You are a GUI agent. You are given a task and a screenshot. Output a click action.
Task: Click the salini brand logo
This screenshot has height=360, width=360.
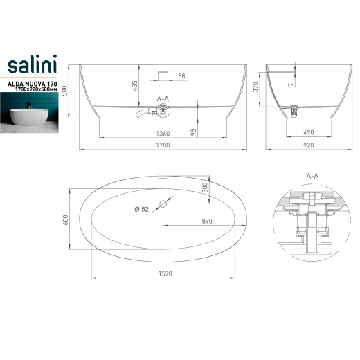(x=33, y=64)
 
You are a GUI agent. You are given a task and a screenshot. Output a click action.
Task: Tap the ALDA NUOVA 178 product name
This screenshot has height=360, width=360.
(x=33, y=84)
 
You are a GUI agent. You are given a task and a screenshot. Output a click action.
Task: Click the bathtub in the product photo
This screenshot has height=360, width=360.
(x=29, y=117)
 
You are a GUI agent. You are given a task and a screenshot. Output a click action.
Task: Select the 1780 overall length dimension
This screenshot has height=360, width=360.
(x=163, y=145)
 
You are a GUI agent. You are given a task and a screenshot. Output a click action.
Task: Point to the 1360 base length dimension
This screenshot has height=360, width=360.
(x=163, y=134)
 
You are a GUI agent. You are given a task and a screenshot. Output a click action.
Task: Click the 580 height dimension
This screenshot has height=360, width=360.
(x=65, y=91)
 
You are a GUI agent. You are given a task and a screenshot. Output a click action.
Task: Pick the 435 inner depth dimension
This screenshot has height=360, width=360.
(x=134, y=85)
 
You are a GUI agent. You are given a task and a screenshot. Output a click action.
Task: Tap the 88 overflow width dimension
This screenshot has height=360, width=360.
(x=181, y=76)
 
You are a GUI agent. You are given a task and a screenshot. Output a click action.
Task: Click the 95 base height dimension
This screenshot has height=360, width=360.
(x=194, y=132)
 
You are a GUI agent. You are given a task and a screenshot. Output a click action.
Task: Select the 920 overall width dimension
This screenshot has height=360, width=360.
(x=309, y=145)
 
